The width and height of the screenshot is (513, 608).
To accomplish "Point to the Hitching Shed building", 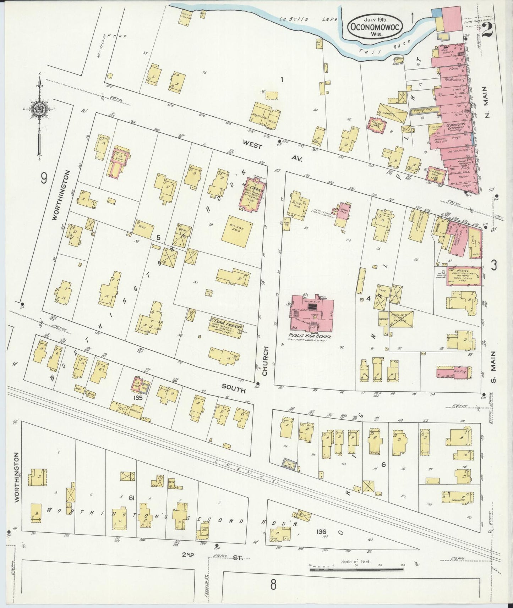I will coord(237,231).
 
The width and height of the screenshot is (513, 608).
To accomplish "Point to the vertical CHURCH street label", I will coord(265,361).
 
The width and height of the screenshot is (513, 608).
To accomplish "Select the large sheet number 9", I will coord(43,178).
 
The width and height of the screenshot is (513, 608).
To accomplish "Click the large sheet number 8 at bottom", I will coord(273,585).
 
